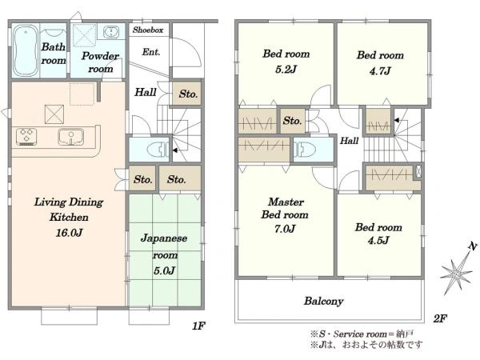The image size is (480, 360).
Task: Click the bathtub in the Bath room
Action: [x=26, y=50]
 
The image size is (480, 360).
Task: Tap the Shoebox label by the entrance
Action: [x=148, y=30]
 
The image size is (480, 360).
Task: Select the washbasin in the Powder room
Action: [x=111, y=32]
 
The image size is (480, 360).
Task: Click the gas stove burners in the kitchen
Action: [x=27, y=136]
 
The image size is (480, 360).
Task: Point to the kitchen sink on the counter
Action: [x=70, y=137]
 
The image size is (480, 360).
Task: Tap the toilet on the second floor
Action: [x=305, y=150]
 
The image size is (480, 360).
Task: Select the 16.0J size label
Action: [x=69, y=233]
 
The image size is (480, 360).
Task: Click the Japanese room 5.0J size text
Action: [x=164, y=270]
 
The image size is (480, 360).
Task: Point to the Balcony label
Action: [x=323, y=302]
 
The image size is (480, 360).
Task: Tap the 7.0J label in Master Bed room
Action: [x=285, y=229]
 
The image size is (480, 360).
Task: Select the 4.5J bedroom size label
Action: [x=378, y=240]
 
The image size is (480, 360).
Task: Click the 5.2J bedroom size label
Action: [x=286, y=69]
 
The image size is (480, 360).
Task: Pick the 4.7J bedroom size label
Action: [x=380, y=71]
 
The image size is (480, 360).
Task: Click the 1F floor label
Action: [x=198, y=326]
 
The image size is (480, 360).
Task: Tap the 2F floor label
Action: [x=440, y=318]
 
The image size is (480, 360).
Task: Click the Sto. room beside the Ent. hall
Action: [x=187, y=94]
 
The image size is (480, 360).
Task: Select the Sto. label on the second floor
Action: [x=292, y=121]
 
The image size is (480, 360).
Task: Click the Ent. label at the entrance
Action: [x=151, y=52]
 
